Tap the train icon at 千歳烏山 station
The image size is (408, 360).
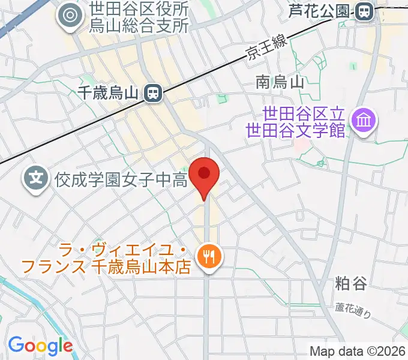coord(154,92)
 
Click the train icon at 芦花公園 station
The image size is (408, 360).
coord(363,11)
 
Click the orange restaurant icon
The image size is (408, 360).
coord(210,257)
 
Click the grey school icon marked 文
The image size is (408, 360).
coord(37,178)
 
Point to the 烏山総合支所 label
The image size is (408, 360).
coord(139,25)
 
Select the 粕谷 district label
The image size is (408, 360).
coord(351,283)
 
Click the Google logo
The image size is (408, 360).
coord(40,346)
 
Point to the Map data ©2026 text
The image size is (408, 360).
coord(357,351)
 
